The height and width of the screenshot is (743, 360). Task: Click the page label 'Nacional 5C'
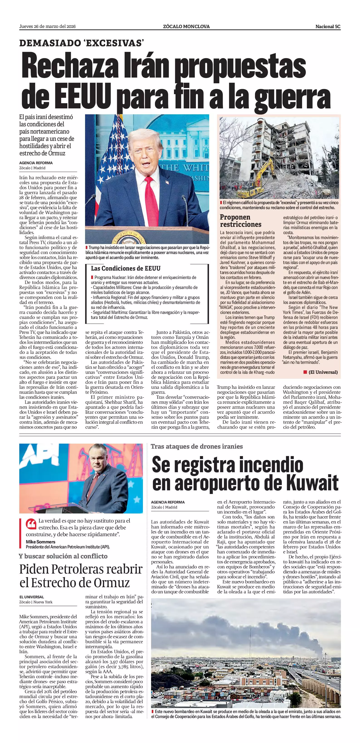tap(328, 27)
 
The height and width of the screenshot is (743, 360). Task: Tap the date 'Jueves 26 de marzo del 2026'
tap(47, 27)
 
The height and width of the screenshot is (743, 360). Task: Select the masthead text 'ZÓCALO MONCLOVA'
tap(186, 27)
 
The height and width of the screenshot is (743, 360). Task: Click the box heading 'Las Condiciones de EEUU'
tap(125, 268)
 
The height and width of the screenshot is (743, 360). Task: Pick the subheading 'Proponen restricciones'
tap(241, 221)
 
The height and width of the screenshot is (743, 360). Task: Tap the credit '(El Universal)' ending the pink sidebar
tap(323, 372)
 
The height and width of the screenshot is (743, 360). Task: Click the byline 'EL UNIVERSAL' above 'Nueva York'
tap(32, 597)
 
